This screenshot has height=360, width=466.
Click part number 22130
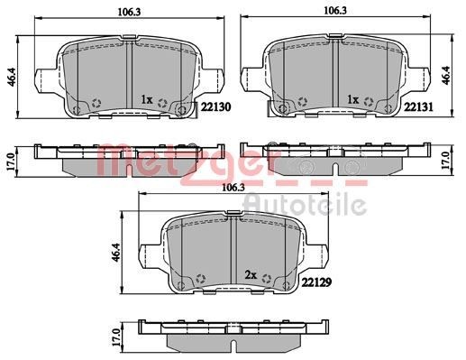[x=215, y=107]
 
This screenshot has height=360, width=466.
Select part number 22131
[x=418, y=107]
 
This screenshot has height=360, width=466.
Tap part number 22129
[x=316, y=282]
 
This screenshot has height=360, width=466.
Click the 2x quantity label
[x=251, y=274]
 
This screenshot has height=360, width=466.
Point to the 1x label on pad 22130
[x=147, y=99]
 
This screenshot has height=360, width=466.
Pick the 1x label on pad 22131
[x=352, y=99]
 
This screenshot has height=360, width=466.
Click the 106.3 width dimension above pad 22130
[x=129, y=12]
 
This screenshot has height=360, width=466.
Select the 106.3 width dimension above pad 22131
[x=335, y=11]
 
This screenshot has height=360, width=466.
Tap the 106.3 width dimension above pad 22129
[x=233, y=188]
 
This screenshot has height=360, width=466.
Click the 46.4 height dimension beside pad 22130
[x=13, y=78]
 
